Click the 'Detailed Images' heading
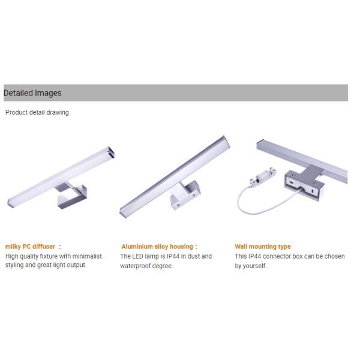[32, 93]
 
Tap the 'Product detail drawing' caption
[37, 113]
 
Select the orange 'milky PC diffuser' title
[30, 247]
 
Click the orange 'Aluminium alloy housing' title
[157, 247]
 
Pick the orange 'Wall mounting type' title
[263, 247]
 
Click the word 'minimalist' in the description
[87, 256]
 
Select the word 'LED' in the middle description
[138, 256]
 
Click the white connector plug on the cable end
[263, 177]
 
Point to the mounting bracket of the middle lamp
[185, 194]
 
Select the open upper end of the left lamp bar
[111, 152]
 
